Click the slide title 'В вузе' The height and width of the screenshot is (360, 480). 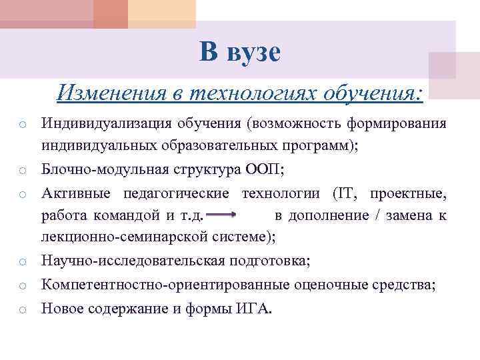(x=240, y=51)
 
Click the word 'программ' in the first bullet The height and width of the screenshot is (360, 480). (x=321, y=145)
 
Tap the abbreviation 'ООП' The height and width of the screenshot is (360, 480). (x=265, y=169)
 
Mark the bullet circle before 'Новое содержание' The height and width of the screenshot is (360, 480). (x=21, y=310)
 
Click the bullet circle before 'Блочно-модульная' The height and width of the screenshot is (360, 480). (x=21, y=171)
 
